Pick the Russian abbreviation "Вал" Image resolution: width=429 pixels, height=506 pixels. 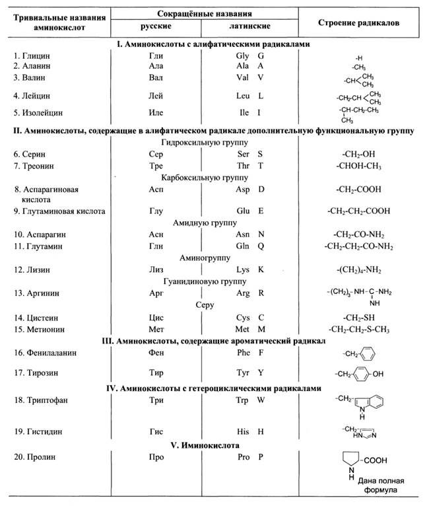(156, 78)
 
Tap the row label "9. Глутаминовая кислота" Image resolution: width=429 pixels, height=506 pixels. (55, 211)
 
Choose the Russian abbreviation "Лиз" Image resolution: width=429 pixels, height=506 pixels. (156, 270)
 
